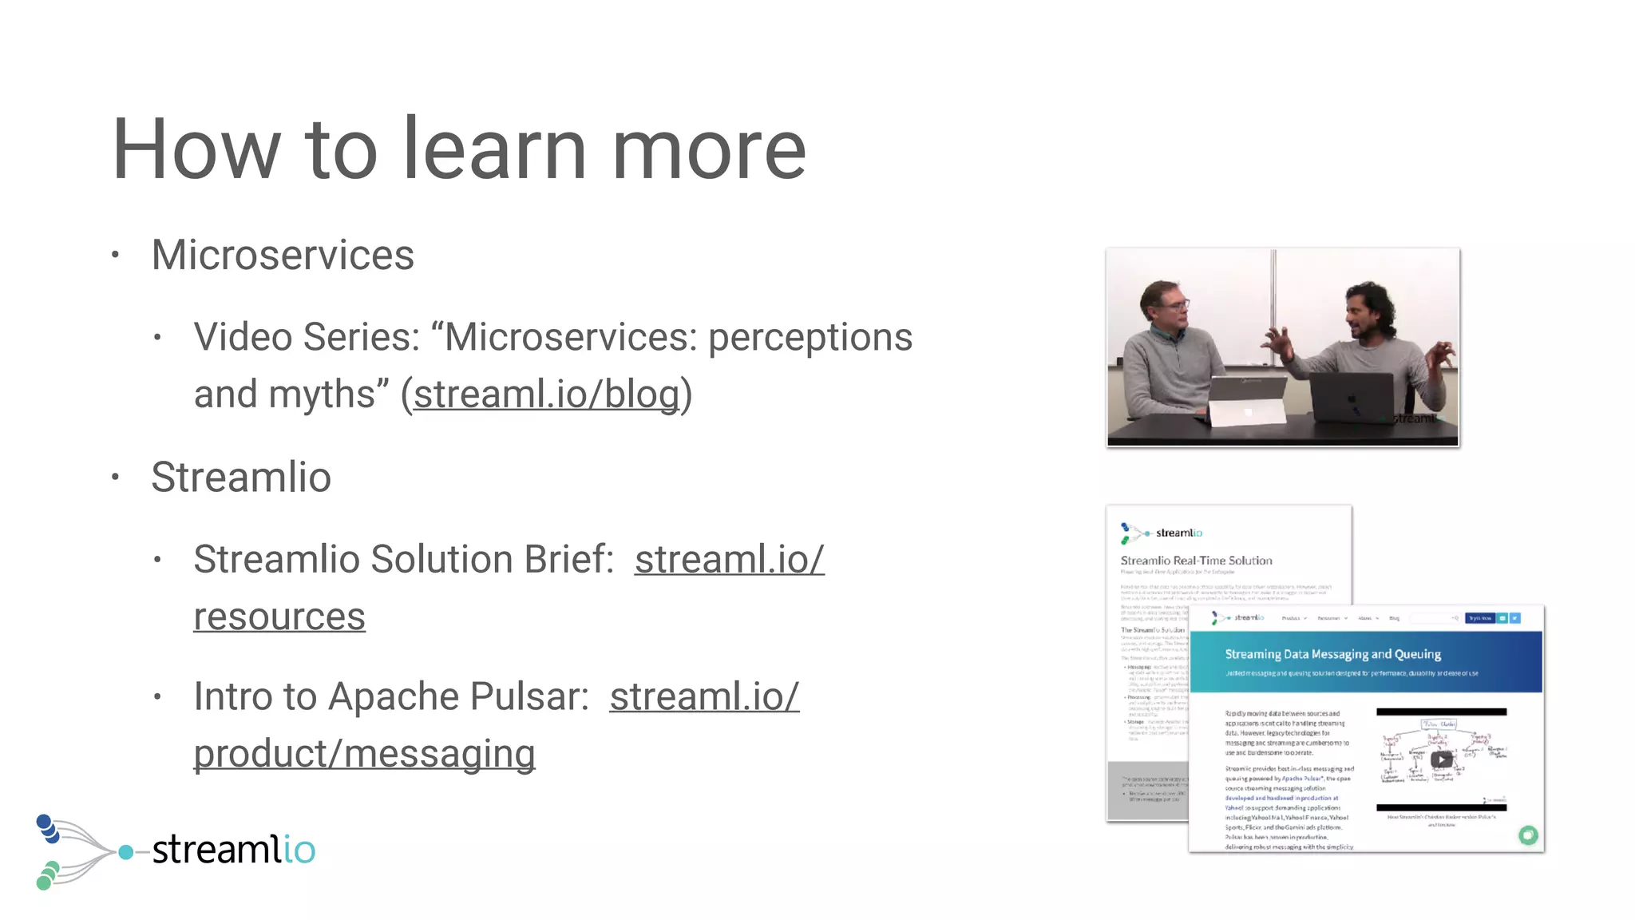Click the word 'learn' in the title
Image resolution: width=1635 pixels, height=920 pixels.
[x=494, y=149]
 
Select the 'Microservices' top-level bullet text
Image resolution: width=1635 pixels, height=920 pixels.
[x=283, y=256]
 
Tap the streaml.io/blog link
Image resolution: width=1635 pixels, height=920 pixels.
[x=547, y=395]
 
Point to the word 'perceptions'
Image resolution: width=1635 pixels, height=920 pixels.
[x=810, y=337]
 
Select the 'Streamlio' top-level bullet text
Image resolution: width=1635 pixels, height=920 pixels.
[x=241, y=478]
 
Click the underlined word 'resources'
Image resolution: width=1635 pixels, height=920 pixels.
[x=279, y=617]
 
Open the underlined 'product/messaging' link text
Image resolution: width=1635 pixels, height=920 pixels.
[x=364, y=754]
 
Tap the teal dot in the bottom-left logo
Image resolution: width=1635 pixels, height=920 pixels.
[x=125, y=852]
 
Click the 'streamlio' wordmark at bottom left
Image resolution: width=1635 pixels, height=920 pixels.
[x=233, y=849]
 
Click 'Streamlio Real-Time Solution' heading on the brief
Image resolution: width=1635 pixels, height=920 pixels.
[x=1196, y=561]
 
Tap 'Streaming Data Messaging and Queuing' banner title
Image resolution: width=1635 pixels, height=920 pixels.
[x=1332, y=654]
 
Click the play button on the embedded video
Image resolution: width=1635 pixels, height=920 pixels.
[x=1441, y=759]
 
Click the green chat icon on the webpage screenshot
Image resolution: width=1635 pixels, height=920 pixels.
[x=1528, y=835]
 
